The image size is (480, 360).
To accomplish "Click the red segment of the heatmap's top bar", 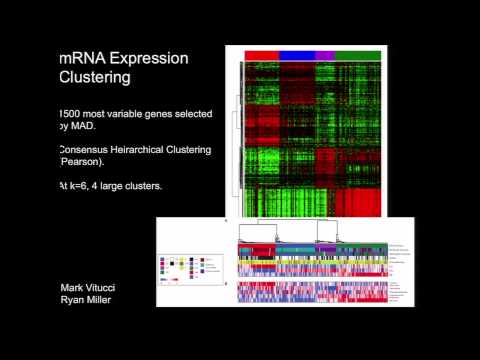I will click(x=261, y=54).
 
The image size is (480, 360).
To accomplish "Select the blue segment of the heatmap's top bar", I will click(x=297, y=54).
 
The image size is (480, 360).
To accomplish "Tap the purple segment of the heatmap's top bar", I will click(x=325, y=54).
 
